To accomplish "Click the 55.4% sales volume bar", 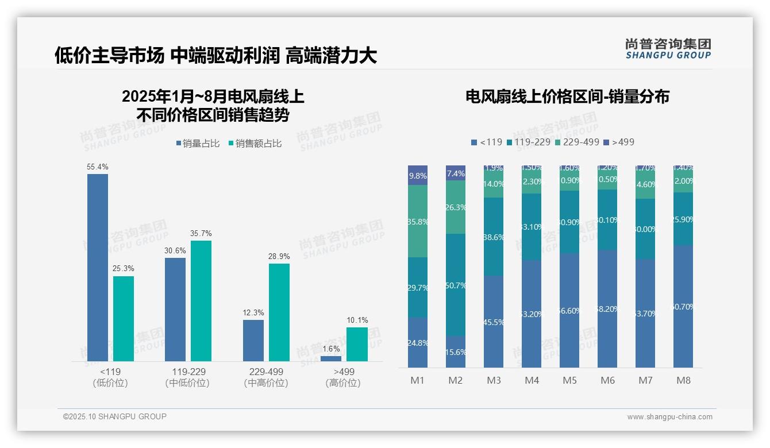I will pos(97,267).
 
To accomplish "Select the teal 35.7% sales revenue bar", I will pos(201,300).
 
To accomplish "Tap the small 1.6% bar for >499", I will pos(330,358).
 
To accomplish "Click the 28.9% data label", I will pos(279,256).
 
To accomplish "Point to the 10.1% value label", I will pos(357,320).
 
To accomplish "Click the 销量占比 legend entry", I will pos(197,144).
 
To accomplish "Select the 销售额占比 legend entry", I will pos(255,144).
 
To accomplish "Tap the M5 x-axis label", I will pos(569,380).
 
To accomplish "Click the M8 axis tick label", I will pos(683,380).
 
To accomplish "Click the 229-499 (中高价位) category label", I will pos(265,377).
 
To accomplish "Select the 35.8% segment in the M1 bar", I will pos(418,221).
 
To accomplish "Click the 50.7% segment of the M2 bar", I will pos(456,285).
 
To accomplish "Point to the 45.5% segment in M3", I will pos(494,322).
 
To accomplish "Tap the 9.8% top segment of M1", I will pos(418,175).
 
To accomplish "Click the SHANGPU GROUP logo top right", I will pos(668,49).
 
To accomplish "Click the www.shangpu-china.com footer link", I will pos(669,417).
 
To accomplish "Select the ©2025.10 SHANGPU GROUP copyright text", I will pos(115,416).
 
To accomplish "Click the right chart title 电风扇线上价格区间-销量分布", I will pos(567,96).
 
